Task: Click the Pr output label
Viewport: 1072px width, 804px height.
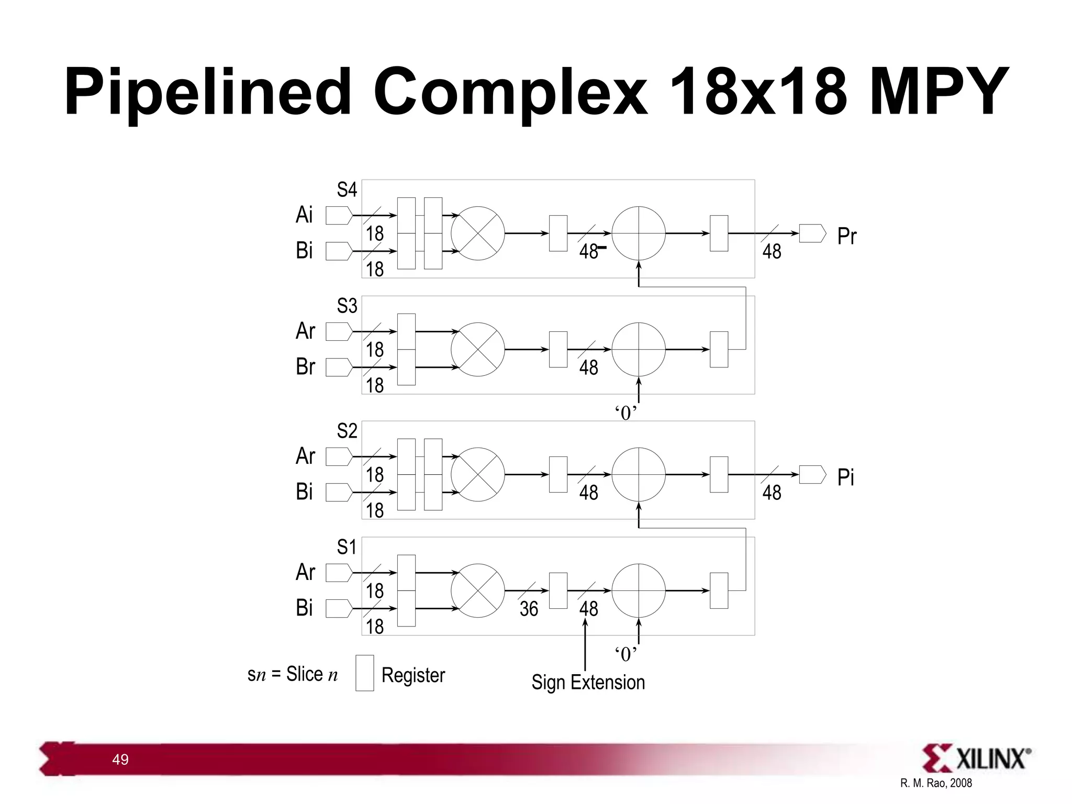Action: pos(846,236)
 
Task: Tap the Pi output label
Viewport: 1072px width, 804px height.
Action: pos(845,477)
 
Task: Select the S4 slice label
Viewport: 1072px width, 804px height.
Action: pos(347,189)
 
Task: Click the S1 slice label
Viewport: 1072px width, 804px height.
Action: pos(347,547)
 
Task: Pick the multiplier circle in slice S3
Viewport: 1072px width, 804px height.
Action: pos(477,349)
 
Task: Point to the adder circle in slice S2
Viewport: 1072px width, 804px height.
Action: pos(639,474)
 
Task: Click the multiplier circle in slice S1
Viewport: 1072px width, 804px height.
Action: pos(477,590)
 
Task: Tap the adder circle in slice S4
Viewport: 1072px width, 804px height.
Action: pos(639,233)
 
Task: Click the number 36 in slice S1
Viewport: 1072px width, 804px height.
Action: pos(529,609)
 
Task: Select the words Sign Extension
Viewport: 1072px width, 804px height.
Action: pos(588,683)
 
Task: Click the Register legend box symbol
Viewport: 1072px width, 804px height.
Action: pos(364,673)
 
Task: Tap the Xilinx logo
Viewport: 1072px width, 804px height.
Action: pos(976,758)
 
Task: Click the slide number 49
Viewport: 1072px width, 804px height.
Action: pos(120,760)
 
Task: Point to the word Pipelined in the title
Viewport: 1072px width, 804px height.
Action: pos(207,93)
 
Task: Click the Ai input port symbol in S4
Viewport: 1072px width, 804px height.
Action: pos(339,215)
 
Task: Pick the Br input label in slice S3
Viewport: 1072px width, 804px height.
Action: pos(305,366)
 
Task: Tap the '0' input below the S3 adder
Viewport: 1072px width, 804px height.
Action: pos(626,413)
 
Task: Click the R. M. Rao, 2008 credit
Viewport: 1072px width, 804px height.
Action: pos(936,783)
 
